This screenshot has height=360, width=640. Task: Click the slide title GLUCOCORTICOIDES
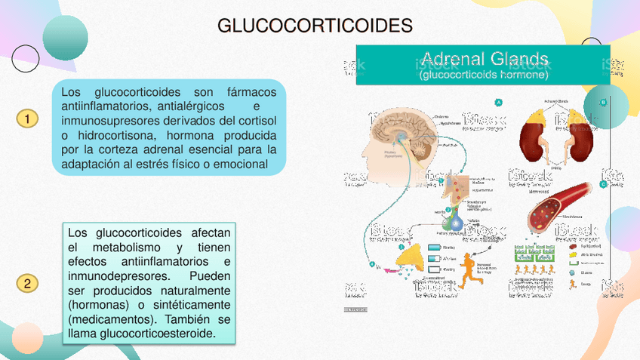(x=315, y=26)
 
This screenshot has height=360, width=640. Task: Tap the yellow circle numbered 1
(x=26, y=119)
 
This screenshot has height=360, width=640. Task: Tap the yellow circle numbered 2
(x=26, y=284)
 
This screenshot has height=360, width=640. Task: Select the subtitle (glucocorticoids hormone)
(x=484, y=75)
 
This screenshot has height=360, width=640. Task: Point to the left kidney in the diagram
(x=532, y=136)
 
